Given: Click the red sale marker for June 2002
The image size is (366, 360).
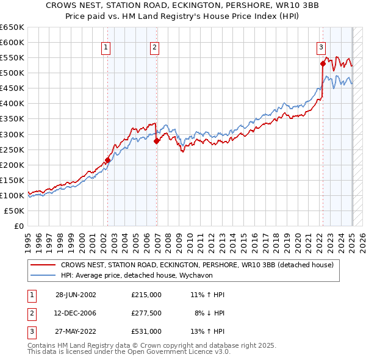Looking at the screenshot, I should click(108, 160).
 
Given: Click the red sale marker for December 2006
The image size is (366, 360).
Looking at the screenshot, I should click(157, 141).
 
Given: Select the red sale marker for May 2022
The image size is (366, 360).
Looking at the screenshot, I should click(323, 63).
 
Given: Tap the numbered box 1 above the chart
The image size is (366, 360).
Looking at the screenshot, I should click(106, 47).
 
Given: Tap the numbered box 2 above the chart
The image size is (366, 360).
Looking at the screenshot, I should click(155, 47).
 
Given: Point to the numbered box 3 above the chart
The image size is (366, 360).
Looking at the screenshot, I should click(321, 47).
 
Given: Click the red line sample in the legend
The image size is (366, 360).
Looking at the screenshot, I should click(43, 265).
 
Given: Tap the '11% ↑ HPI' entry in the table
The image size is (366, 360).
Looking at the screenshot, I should click(207, 295).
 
